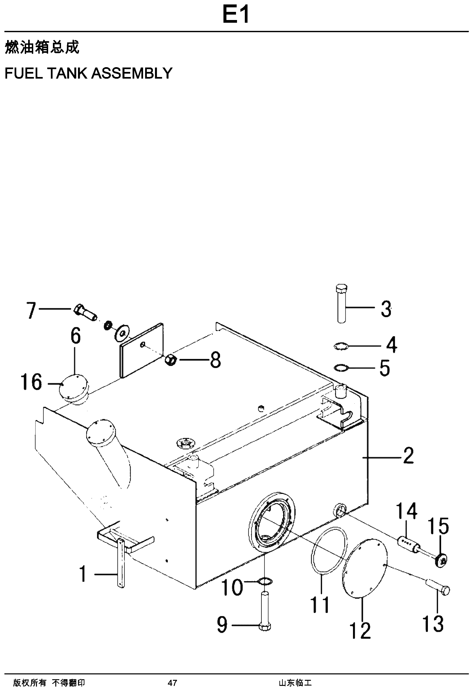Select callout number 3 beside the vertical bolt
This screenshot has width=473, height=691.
coord(386,309)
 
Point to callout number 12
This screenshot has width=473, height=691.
coord(360,630)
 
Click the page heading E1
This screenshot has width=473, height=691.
coord(236,15)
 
